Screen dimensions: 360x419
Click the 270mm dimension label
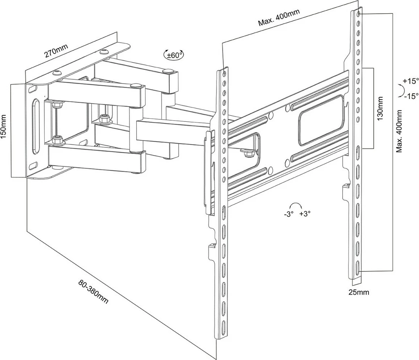coord(56,50)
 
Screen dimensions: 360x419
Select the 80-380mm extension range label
coord(93,292)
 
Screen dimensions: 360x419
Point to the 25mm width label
coord(358,292)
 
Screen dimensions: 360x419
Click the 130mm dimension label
coord(380,108)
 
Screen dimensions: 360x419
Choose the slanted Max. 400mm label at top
coord(279,17)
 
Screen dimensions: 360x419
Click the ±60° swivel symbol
coord(174,55)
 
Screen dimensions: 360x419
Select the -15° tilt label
coord(410,96)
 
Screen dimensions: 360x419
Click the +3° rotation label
coord(305,214)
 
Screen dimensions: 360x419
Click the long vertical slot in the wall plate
coord(35,126)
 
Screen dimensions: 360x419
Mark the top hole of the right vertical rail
coord(358,14)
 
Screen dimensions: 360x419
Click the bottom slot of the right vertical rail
coord(358,268)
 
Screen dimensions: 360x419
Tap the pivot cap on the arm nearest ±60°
coord(167,71)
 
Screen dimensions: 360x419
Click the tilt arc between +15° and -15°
coord(400,90)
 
